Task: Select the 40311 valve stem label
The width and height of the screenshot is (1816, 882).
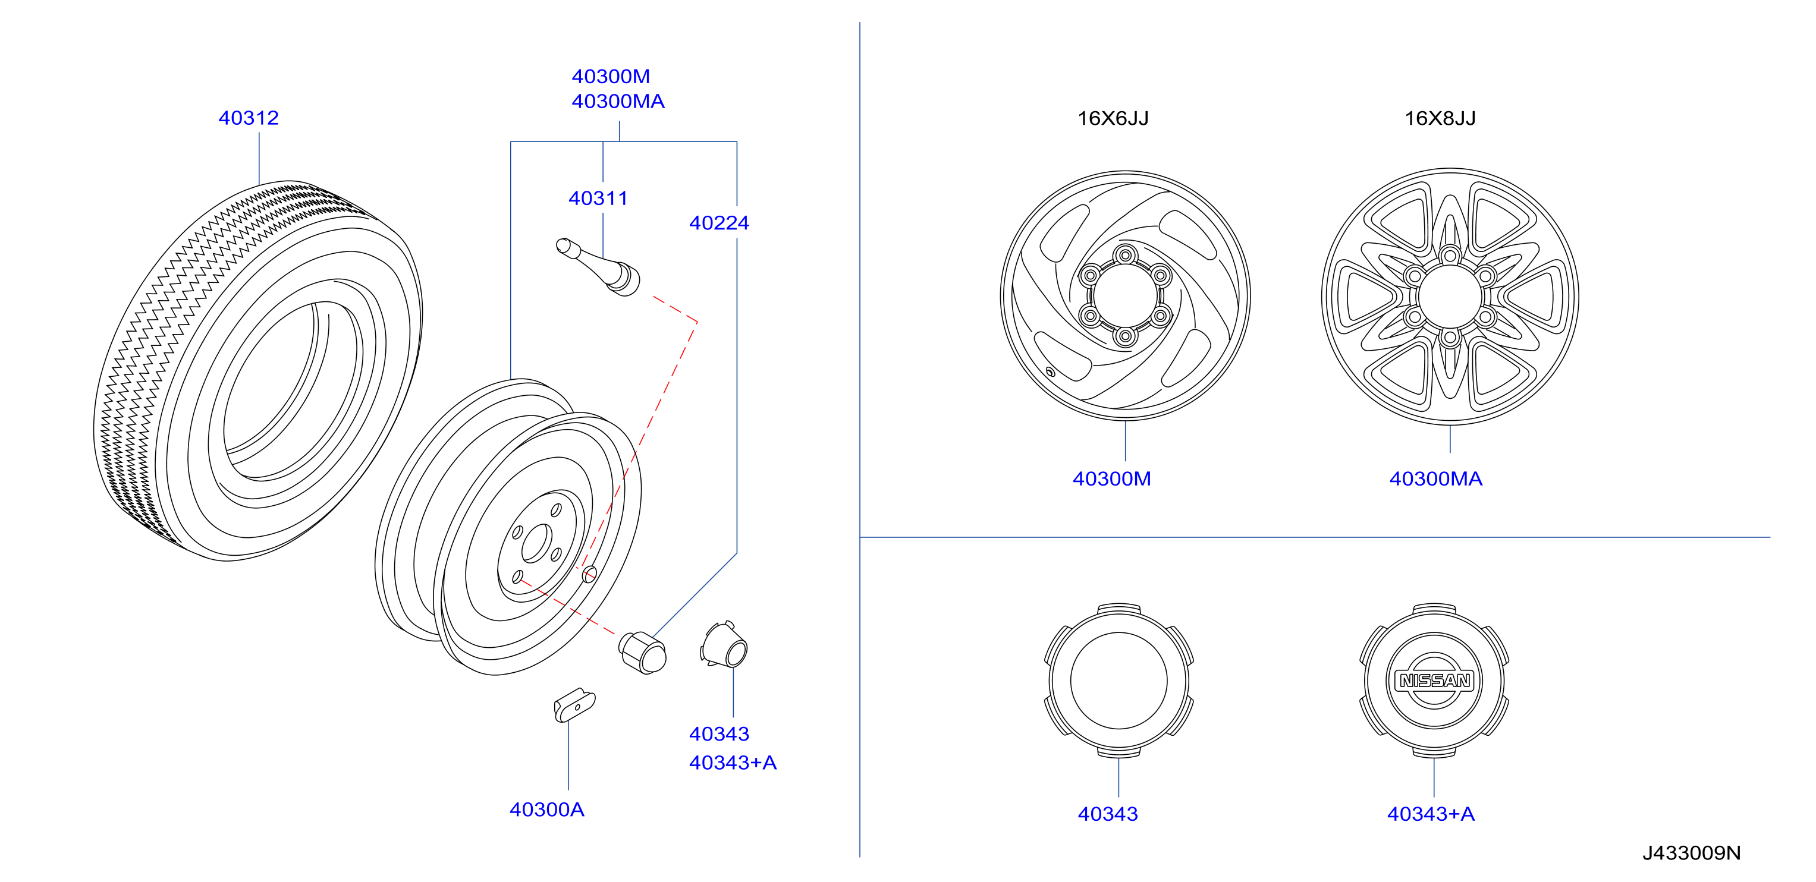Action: click(x=598, y=198)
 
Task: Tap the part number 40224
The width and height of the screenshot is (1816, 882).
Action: click(x=719, y=223)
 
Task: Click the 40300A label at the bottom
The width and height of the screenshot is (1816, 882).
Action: click(x=547, y=809)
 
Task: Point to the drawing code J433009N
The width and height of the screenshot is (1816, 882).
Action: click(x=1691, y=853)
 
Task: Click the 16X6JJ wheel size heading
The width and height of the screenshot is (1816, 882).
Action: click(x=1113, y=118)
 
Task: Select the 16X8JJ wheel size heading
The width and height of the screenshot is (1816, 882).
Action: click(x=1440, y=118)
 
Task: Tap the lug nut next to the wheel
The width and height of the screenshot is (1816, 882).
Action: click(x=642, y=653)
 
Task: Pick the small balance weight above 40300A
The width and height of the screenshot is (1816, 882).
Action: click(x=574, y=705)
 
